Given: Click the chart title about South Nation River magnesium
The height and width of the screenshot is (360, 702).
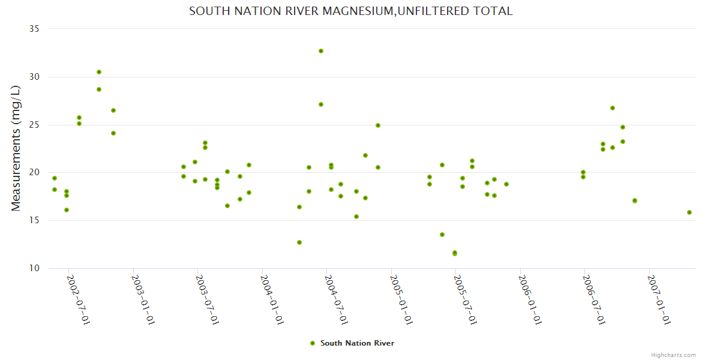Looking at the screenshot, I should (x=350, y=11).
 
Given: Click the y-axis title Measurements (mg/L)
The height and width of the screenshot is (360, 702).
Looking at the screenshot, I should (x=16, y=148).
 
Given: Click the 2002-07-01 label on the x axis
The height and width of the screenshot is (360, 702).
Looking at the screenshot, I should (x=78, y=300).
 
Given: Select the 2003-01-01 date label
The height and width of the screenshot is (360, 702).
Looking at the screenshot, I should (x=143, y=300).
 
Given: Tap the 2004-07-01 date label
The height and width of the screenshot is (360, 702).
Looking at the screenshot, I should (x=336, y=300).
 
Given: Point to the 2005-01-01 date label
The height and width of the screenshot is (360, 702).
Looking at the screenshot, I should (x=401, y=300).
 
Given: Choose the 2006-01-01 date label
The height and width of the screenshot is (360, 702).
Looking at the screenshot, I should (x=530, y=300).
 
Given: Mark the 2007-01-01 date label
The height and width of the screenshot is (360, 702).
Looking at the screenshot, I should (x=659, y=300).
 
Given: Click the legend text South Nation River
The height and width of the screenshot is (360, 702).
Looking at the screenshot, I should (x=357, y=343).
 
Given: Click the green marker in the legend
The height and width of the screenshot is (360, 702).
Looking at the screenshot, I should (x=312, y=343).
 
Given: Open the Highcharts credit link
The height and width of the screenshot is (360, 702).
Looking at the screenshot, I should (x=673, y=355).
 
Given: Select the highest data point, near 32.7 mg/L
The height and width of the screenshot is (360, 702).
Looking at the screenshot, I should (x=321, y=51).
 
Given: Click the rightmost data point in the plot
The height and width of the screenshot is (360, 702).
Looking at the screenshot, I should (x=689, y=212).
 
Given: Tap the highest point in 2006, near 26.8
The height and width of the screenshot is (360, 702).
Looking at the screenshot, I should (x=613, y=108).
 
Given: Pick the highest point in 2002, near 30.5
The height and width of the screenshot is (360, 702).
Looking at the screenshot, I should (x=99, y=72).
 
